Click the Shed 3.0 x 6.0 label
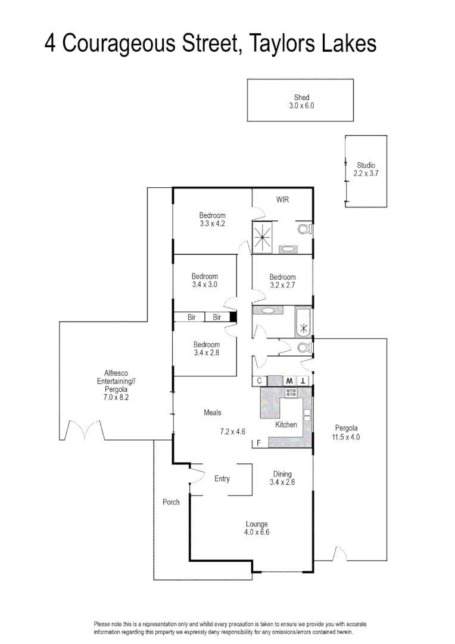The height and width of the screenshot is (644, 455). (301, 101)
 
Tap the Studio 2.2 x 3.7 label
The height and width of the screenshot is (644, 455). (366, 169)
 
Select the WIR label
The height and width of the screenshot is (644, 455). (282, 200)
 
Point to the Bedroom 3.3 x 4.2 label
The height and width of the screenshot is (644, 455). (212, 219)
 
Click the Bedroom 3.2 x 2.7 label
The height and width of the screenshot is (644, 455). (282, 281)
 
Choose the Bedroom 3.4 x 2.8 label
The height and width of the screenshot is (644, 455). (206, 348)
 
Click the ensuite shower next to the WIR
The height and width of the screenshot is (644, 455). (263, 237)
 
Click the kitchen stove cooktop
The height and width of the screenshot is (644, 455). (292, 392)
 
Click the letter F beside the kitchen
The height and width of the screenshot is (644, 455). (258, 443)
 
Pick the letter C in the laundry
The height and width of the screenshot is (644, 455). (259, 380)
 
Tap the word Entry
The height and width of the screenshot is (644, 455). (222, 479)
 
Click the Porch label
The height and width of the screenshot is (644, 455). (171, 502)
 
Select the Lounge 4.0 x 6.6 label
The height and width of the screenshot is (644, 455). (257, 528)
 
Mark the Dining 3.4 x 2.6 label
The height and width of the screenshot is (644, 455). (282, 478)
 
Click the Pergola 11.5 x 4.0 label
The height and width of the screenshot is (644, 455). (347, 432)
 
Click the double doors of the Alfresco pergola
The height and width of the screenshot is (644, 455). (84, 429)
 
